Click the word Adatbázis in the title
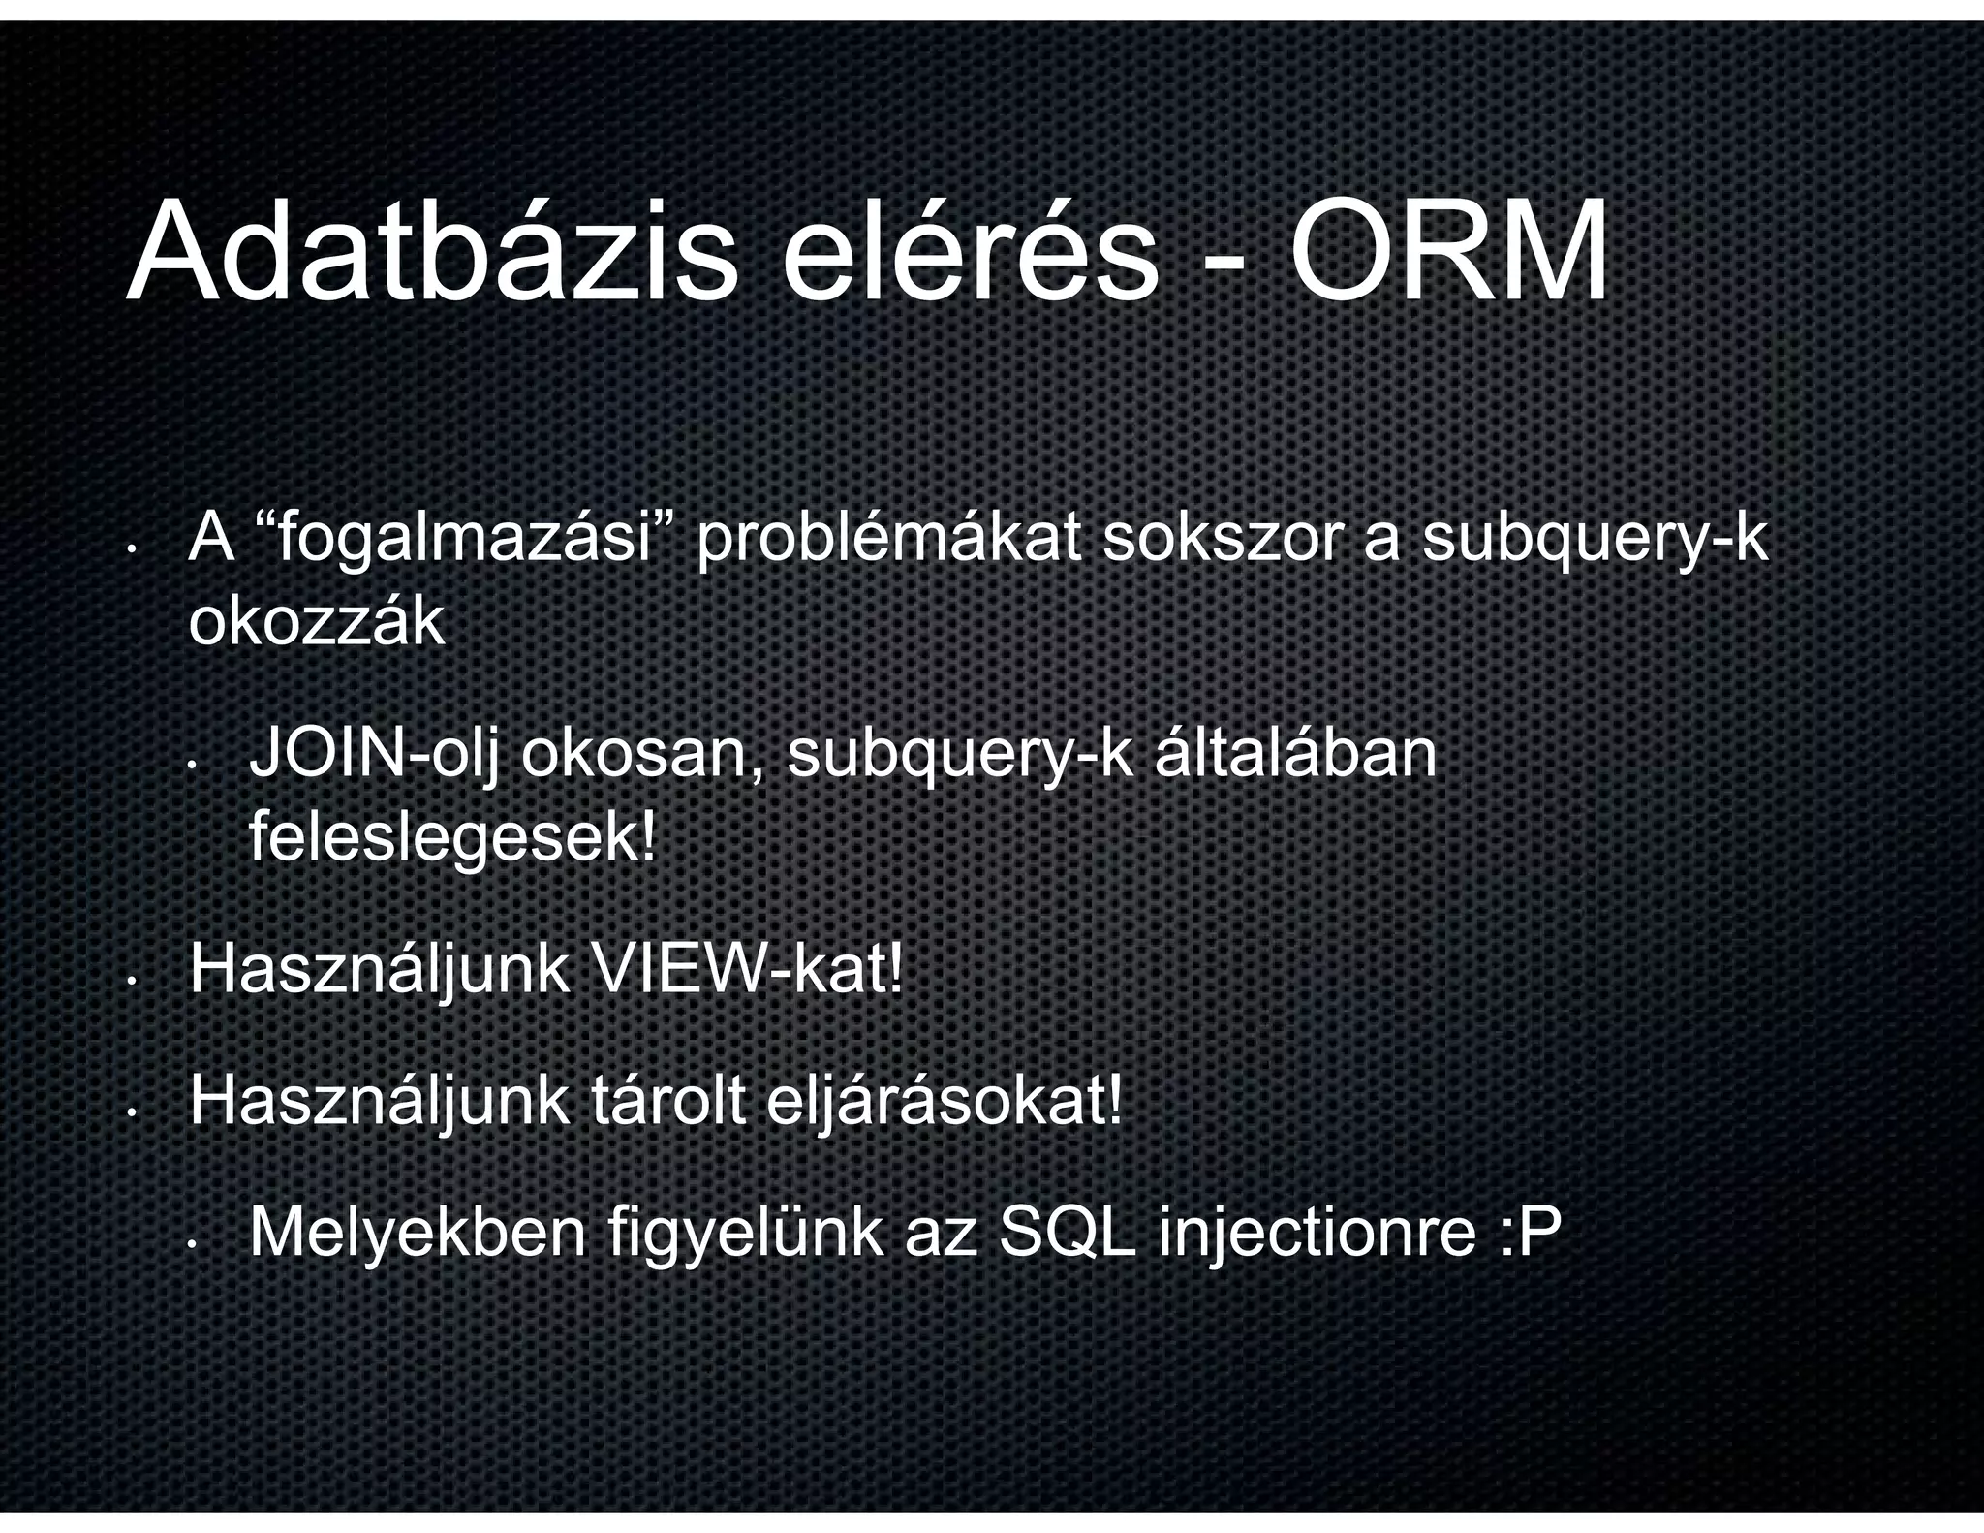[x=431, y=254]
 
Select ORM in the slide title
[x=1448, y=254]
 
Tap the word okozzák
[x=316, y=623]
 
